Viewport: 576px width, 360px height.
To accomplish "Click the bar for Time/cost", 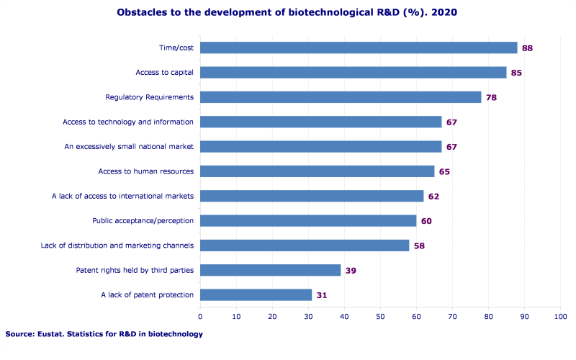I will coord(359,48).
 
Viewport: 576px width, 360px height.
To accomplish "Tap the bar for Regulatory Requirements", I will coord(341,97).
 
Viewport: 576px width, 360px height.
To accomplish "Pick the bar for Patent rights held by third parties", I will coord(270,270).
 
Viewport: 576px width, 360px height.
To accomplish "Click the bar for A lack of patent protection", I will coord(256,294).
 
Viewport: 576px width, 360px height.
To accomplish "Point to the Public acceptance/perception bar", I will coord(308,220).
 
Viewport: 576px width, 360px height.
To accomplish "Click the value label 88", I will coord(527,48).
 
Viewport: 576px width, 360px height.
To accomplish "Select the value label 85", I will coord(516,73).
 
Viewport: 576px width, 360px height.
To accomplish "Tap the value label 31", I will coord(322,295).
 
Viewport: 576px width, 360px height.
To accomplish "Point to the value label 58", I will coord(419,246).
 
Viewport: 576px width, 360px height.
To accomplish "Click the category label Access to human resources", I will coord(146,171).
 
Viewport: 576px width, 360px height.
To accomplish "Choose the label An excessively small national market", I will coord(129,147).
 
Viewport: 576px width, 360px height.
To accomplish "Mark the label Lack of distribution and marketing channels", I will coord(117,246).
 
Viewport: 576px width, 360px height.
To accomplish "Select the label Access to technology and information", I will coord(128,122).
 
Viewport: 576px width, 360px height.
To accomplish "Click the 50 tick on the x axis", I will coord(380,316).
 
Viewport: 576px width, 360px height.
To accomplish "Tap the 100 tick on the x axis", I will coord(560,316).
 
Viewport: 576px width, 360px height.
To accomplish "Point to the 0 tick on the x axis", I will coord(200,316).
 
